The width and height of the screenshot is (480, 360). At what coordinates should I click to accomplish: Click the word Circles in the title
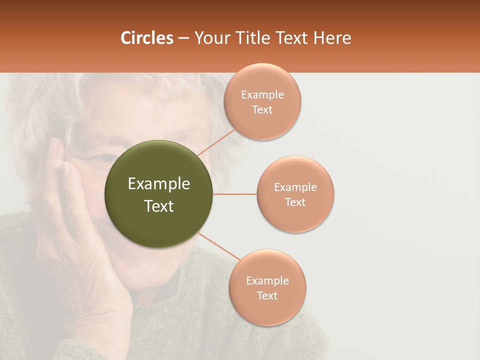pyautogui.click(x=146, y=38)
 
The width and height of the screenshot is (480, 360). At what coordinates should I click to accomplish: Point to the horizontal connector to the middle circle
pyautogui.click(x=234, y=194)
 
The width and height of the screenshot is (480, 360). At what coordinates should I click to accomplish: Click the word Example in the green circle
pyautogui.click(x=158, y=184)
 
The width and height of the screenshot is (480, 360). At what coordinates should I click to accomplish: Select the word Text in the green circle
pyautogui.click(x=158, y=206)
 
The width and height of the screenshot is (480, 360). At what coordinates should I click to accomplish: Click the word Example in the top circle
pyautogui.click(x=262, y=95)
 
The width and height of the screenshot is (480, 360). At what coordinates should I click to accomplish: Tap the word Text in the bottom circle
pyautogui.click(x=267, y=295)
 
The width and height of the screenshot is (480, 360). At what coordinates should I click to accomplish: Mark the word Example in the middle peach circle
pyautogui.click(x=295, y=187)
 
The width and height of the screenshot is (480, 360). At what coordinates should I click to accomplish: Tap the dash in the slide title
pyautogui.click(x=183, y=38)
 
